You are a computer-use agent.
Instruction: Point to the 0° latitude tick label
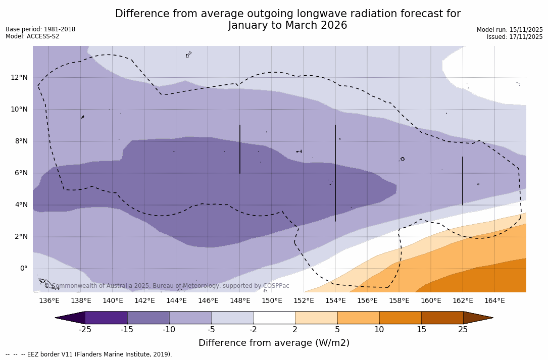(x=24, y=269)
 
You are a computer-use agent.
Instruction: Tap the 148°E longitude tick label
(x=240, y=301)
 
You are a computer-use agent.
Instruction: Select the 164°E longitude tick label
(x=494, y=301)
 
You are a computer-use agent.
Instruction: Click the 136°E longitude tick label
(x=49, y=301)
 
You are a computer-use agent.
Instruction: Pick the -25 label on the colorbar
(x=85, y=330)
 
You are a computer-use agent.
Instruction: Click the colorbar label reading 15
(x=421, y=330)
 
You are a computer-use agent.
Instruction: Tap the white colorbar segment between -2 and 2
(x=274, y=318)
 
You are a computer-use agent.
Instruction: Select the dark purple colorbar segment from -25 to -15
(x=106, y=318)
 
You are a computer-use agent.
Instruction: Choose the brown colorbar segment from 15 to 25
(x=442, y=318)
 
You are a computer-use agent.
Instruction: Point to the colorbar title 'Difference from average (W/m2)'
(x=274, y=343)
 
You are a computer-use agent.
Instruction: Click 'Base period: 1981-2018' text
(x=40, y=29)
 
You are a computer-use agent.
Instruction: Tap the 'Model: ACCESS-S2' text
(x=32, y=36)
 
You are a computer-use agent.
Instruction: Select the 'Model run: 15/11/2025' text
(x=510, y=30)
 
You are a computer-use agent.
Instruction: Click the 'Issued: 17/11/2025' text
(x=515, y=37)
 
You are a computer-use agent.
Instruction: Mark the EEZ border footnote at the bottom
(x=89, y=354)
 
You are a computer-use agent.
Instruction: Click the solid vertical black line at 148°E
(x=240, y=149)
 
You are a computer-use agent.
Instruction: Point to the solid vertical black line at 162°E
(x=462, y=181)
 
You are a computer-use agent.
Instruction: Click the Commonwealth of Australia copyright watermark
(x=167, y=286)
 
